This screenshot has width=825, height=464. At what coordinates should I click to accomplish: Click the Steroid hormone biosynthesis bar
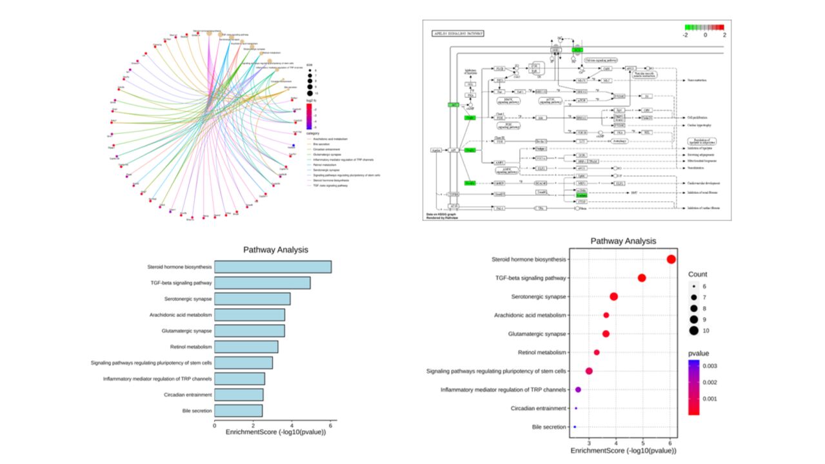pos(272,267)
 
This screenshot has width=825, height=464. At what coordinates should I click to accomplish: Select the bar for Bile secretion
pos(238,411)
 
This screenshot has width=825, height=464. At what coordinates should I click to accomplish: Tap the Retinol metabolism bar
pos(246,347)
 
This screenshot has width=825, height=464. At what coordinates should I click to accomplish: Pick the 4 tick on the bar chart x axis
pos(292,425)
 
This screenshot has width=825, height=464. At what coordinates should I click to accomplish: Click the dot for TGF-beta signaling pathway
pos(642,278)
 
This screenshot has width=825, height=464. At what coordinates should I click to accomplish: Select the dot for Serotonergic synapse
pos(613,296)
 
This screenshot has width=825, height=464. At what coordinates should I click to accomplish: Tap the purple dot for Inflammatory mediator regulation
pos(578,390)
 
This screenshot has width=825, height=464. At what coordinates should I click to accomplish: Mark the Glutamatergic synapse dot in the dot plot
pos(606,334)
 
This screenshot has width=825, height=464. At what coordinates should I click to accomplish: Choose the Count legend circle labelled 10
pos(693,331)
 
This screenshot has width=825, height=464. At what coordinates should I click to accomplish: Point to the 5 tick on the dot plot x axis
pos(644,442)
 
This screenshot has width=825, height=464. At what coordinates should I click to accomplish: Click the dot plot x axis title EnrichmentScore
pos(623,450)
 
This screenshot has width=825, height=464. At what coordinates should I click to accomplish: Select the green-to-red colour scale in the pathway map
pos(704,27)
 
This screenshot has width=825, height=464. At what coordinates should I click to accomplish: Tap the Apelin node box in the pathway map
pos(437,150)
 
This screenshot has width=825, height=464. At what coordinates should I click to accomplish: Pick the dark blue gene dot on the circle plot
pos(294,146)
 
